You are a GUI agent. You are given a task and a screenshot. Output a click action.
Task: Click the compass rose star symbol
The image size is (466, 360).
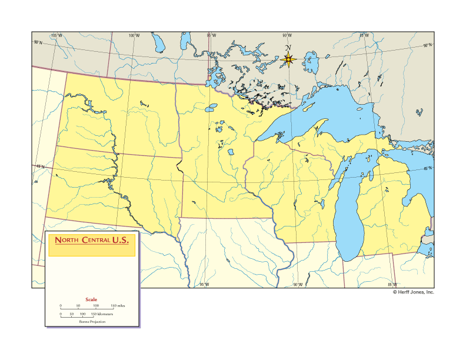[288, 59]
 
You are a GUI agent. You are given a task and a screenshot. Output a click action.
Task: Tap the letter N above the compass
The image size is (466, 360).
[288, 48]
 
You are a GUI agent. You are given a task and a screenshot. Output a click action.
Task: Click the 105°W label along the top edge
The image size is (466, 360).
[56, 35]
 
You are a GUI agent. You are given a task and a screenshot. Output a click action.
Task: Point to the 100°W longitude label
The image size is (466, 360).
[134, 35]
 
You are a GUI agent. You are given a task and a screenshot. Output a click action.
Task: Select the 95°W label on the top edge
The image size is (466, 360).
[211, 35]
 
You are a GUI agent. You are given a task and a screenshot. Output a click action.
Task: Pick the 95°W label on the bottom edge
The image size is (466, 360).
[204, 285]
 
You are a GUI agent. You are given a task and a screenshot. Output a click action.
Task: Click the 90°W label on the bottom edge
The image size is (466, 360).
[298, 285]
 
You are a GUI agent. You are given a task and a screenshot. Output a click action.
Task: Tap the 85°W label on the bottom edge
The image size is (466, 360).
[392, 285]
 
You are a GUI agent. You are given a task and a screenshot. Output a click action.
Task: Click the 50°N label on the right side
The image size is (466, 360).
[427, 45]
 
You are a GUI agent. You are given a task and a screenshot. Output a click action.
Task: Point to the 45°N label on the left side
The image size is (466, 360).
[39, 166]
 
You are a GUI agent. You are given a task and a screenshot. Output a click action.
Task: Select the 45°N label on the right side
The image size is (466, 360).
[428, 169]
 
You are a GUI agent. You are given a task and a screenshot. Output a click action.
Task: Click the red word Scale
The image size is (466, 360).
[91, 299]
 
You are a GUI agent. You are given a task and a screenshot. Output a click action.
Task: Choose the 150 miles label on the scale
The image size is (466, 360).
[116, 306]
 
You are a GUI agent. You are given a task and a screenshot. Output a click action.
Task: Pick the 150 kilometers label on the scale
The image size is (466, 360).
[101, 314]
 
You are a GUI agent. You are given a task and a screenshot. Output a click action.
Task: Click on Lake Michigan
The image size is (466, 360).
[351, 218]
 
